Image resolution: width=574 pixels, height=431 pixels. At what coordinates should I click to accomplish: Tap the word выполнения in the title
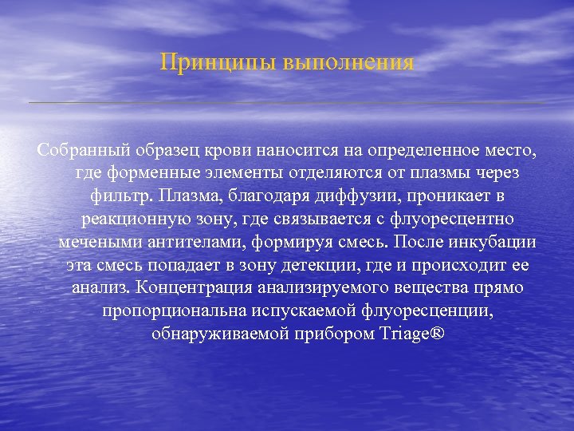[x=348, y=63]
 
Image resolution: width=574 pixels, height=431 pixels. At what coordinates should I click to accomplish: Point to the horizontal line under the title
[x=287, y=103]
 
